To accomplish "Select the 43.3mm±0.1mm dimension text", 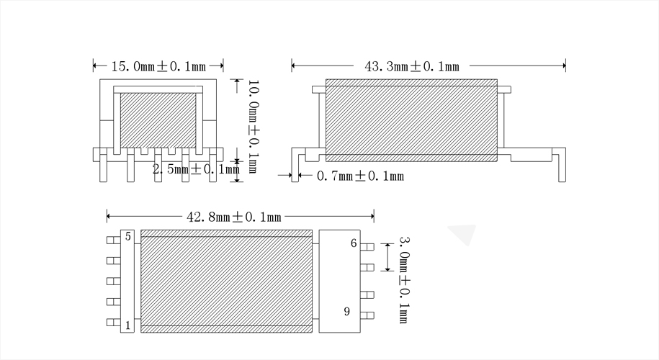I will [x=412, y=66].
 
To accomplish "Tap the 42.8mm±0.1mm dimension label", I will [x=233, y=216].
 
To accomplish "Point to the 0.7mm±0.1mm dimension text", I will [x=360, y=176].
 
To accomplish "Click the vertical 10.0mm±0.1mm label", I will [x=254, y=126].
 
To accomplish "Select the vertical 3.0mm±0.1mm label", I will [x=405, y=278].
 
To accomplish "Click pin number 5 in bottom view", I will [x=127, y=236].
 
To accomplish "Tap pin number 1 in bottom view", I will [x=127, y=325].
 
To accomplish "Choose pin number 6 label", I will [x=354, y=243].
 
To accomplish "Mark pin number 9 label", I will [x=346, y=311].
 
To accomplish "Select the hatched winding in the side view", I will [x=411, y=120].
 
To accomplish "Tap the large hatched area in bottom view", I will [x=226, y=281].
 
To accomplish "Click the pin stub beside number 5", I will [x=112, y=240].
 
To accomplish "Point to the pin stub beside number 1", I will [x=112, y=323].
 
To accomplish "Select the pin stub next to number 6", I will [x=367, y=247].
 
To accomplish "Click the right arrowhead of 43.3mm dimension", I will [x=563, y=66].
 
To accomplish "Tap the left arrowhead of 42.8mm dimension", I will [x=109, y=216].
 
